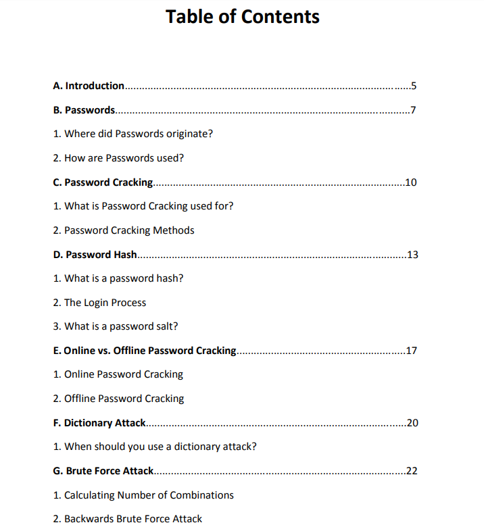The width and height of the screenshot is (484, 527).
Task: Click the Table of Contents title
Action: point(242,16)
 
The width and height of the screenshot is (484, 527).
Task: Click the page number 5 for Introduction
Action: point(414,86)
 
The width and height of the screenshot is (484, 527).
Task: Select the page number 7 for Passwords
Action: point(413,110)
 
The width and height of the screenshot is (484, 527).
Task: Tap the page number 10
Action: point(410,182)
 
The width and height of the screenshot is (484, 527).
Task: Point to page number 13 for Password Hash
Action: point(412,255)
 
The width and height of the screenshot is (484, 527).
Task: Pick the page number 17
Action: point(410,351)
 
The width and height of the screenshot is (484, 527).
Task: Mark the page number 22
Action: point(411,471)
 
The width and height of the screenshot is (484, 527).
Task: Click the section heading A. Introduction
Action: point(89,86)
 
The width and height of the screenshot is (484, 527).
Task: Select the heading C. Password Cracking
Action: point(103,182)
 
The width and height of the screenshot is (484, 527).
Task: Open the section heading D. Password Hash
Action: point(95,255)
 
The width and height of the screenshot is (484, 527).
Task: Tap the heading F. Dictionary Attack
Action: point(99,423)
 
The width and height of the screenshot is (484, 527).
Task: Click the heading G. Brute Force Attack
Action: point(103,471)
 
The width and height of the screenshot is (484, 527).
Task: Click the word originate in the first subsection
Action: point(189,134)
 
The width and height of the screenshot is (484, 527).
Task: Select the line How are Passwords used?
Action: point(118,158)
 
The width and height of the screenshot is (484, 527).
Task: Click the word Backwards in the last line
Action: point(89,519)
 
